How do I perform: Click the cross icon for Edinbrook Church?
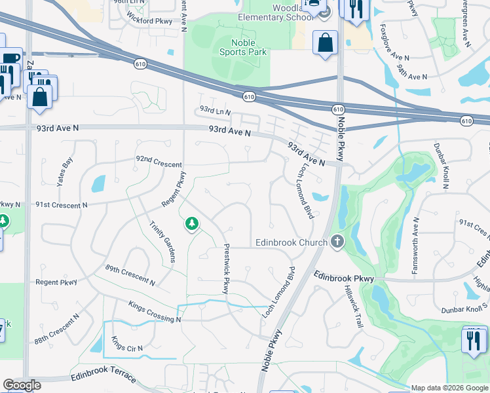337,242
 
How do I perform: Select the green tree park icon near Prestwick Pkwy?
192,225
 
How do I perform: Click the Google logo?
22,385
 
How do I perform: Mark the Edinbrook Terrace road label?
104,379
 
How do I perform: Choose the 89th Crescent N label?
130,275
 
